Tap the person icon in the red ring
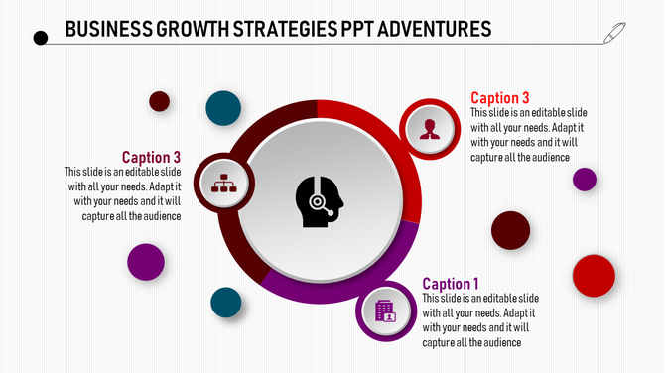click(x=430, y=129)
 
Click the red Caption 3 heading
click(x=499, y=98)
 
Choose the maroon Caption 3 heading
click(x=151, y=157)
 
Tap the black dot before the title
click(x=41, y=39)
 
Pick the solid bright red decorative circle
click(x=594, y=276)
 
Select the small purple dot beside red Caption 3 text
click(x=585, y=179)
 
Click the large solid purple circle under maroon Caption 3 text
click(x=146, y=261)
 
